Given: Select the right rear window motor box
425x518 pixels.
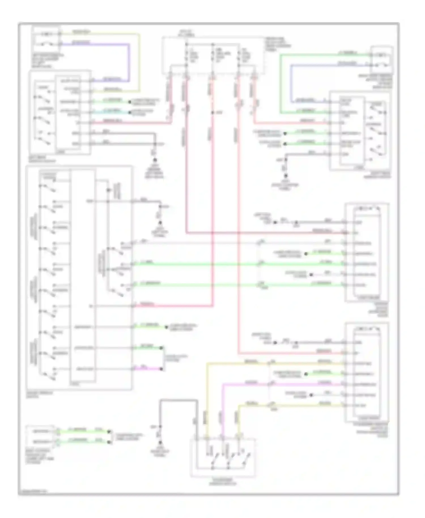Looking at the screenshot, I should click(382, 60).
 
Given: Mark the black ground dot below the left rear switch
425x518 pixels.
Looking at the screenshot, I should click(155, 160).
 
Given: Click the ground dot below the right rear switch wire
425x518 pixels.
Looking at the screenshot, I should click(286, 175).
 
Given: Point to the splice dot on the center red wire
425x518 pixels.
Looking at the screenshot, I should click(212, 113).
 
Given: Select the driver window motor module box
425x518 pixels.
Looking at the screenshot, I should click(367, 252).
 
